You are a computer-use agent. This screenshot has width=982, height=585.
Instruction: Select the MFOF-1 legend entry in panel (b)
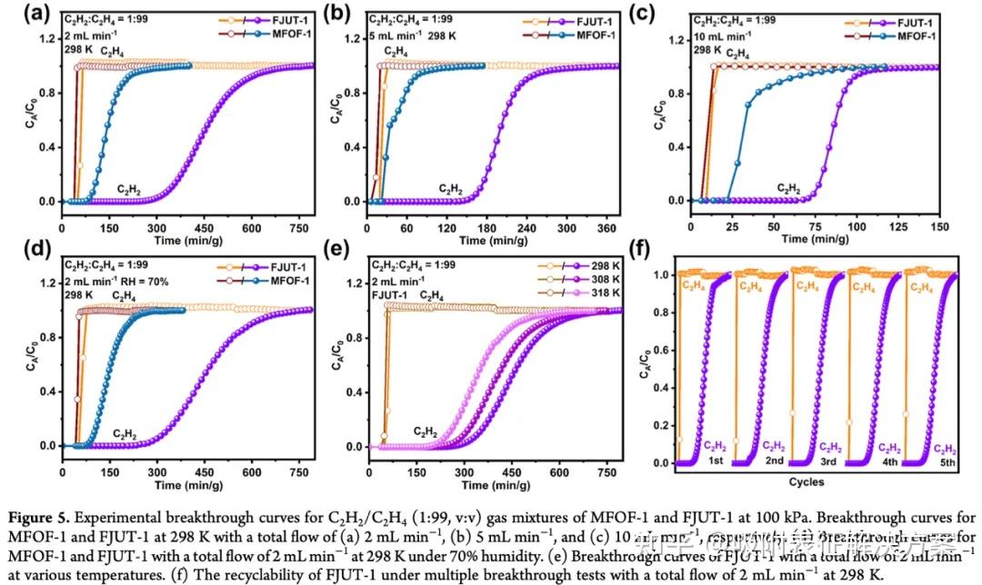coord(579,35)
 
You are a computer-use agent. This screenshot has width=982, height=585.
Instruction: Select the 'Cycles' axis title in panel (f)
coord(806,482)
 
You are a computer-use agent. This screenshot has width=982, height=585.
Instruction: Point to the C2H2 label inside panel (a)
coord(128,189)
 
